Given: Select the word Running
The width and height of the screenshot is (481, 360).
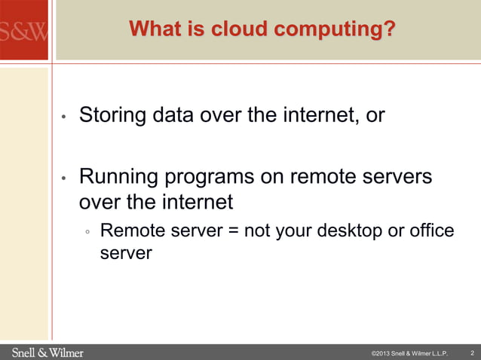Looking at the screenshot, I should point(119,178).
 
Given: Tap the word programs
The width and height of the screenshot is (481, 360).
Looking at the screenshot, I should point(210,178).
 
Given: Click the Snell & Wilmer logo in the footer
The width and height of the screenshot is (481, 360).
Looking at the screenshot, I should point(47,352).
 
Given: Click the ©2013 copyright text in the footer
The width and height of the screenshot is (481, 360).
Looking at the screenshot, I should point(409,353).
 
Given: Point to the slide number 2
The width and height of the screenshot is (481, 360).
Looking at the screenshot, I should point(471,352).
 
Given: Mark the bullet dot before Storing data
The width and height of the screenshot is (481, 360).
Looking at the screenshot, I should point(65,118).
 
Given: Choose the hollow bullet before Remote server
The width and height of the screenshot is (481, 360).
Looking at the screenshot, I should point(88,232).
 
